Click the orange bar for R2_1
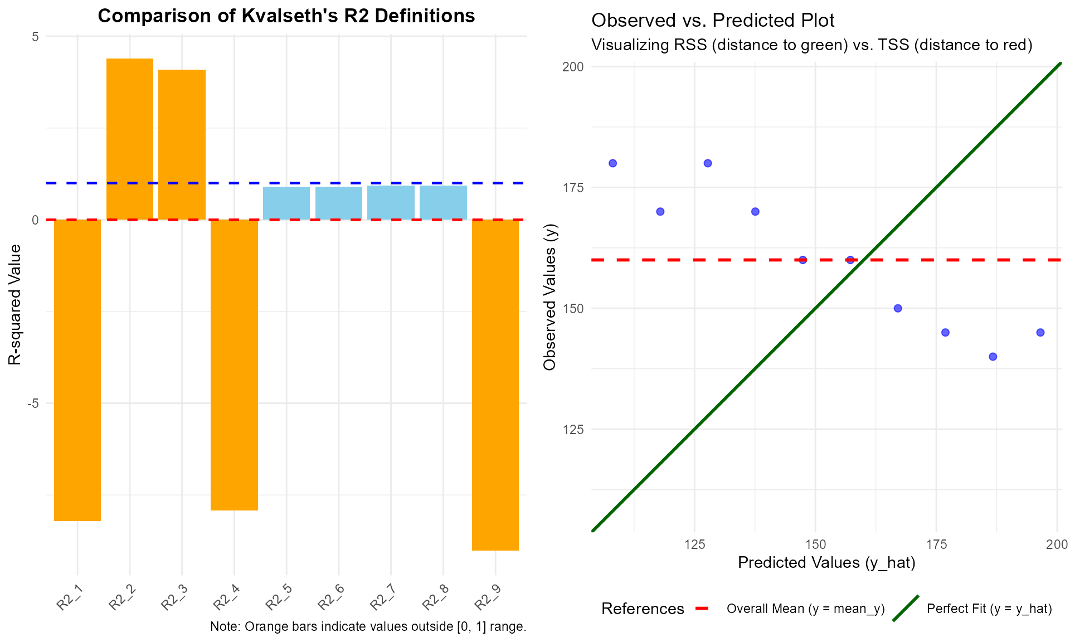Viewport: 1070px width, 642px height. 77,370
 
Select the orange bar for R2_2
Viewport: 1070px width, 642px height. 130,139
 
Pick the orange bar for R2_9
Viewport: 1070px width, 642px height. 495,385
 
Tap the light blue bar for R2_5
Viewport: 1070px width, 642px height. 286,203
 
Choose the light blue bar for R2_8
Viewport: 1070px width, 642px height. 443,202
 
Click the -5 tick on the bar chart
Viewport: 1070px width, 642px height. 33,403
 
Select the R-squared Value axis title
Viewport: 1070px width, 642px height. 15,304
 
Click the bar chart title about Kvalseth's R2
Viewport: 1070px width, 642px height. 286,16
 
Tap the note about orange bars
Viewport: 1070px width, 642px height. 368,626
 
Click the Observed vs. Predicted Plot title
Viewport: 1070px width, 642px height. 713,21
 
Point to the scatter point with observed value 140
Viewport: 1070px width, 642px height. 993,357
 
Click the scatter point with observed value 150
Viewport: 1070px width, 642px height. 898,308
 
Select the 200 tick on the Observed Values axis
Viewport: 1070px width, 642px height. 573,67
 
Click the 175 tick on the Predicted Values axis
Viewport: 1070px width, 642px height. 936,544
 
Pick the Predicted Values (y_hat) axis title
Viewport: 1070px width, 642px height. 826,563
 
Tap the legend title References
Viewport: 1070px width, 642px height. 643,609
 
